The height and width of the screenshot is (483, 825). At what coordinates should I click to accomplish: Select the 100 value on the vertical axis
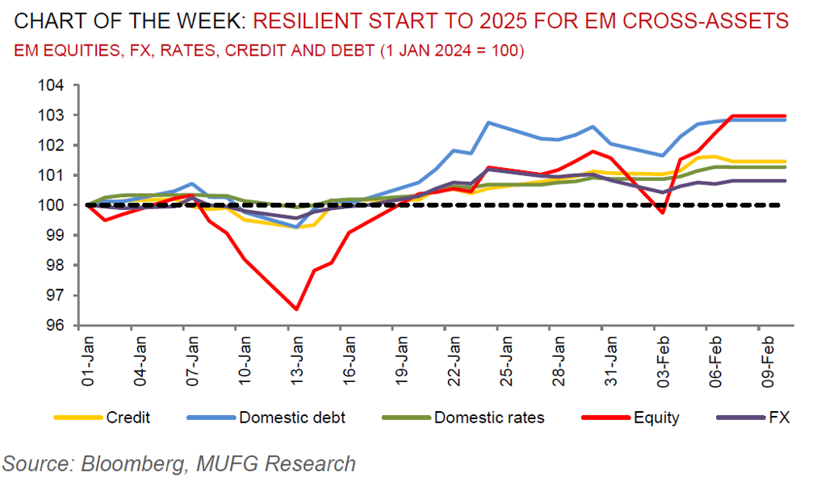(58, 205)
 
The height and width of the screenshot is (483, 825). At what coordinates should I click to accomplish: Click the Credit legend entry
(128, 418)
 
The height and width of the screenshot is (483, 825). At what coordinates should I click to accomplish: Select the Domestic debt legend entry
(292, 418)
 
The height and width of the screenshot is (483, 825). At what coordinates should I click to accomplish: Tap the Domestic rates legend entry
(488, 418)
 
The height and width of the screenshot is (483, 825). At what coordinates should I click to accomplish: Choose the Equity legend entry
(656, 418)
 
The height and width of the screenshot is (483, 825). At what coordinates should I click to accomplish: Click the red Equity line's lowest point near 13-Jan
(297, 309)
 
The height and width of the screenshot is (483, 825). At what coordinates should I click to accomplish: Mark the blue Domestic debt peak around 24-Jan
(488, 123)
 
